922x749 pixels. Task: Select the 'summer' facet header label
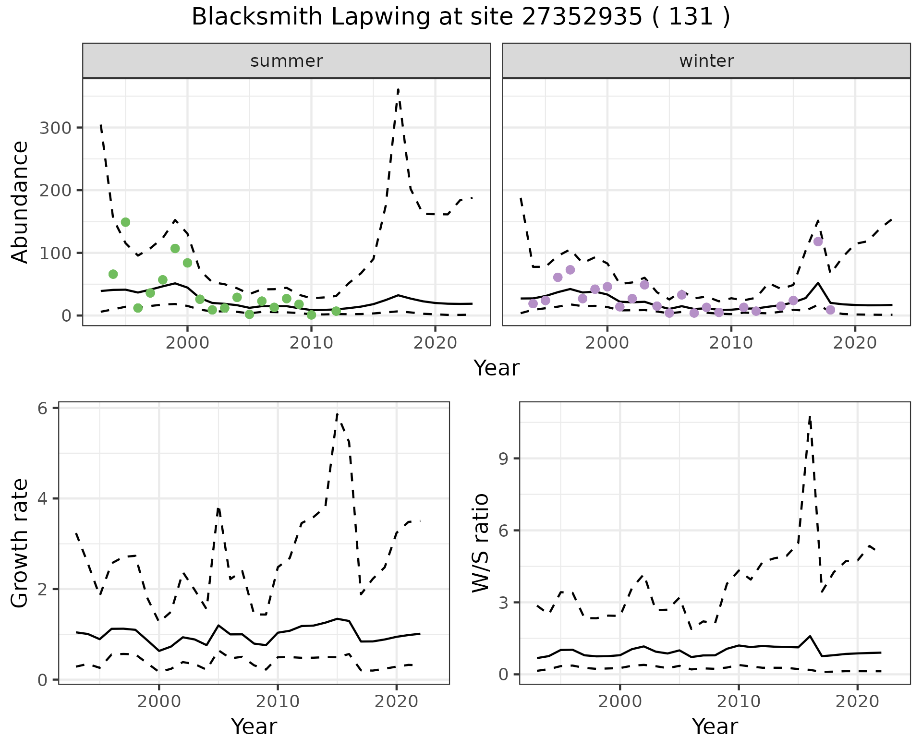pos(287,61)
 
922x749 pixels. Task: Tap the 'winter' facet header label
pos(706,61)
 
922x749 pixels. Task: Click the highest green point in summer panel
pos(125,222)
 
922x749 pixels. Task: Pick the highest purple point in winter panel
pos(818,242)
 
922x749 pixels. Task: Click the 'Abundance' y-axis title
pos(20,202)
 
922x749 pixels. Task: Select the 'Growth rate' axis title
pos(20,543)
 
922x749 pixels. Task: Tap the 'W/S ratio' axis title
pos(481,543)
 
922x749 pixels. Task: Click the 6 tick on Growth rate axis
pos(42,409)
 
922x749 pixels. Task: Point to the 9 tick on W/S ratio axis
pos(503,459)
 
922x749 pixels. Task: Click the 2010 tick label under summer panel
pos(311,343)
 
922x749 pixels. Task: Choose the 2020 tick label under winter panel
pos(855,343)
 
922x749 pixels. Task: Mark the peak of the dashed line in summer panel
pos(399,89)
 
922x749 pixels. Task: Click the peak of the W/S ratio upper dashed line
pos(810,417)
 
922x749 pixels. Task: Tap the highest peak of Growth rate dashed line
pos(338,413)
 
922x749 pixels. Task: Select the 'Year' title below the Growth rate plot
pos(254,726)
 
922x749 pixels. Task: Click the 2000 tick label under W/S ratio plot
pos(620,701)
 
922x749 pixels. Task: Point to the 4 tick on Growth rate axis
pos(42,499)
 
